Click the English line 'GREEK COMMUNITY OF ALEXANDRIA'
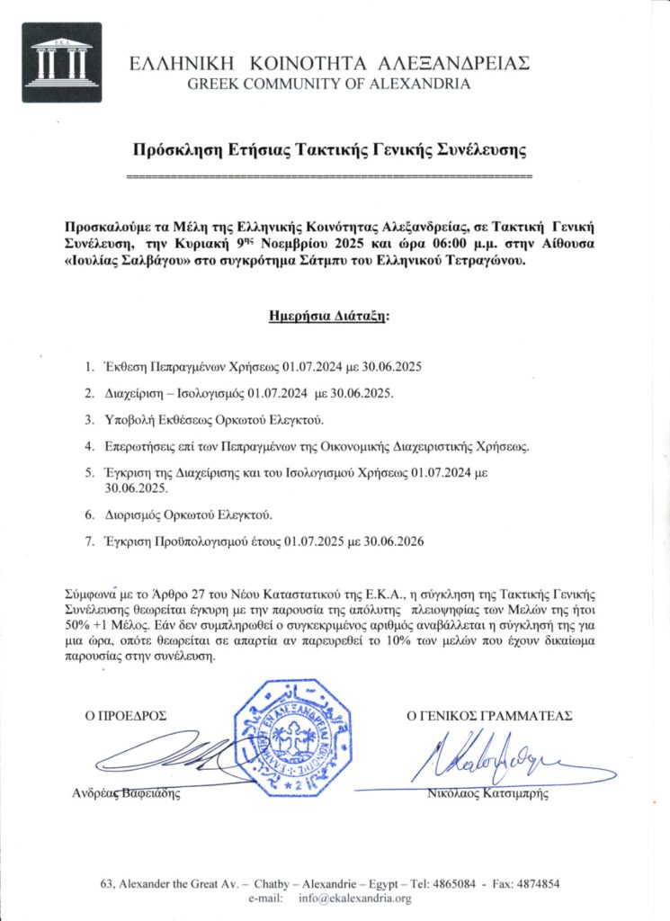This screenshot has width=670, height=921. [328, 85]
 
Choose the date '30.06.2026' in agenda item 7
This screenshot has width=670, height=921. [393, 541]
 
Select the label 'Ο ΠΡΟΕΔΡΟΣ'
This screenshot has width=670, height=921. [126, 716]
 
